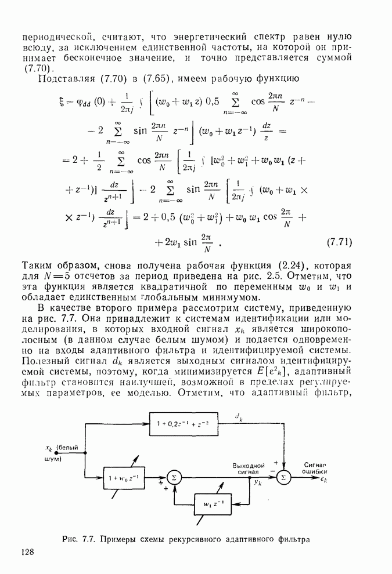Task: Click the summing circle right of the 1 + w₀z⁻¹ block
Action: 173,477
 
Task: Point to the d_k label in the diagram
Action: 239,416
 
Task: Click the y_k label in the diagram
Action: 258,482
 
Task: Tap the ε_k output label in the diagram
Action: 323,480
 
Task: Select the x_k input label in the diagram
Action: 49,447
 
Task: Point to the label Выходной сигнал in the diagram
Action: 249,468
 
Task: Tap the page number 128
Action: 30,553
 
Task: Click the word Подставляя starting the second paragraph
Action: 63,78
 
